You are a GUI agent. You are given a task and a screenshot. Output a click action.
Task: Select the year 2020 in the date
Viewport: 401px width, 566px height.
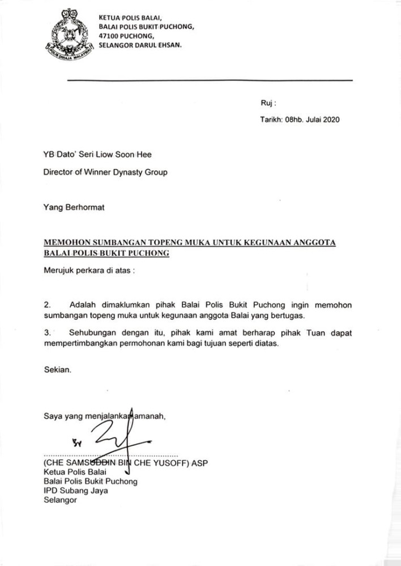click(330, 120)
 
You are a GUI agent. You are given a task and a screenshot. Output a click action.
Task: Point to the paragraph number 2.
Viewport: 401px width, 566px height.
click(47, 305)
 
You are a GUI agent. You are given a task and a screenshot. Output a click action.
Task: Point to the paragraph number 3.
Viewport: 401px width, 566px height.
click(47, 333)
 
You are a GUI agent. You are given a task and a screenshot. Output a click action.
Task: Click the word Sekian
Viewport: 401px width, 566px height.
click(58, 370)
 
